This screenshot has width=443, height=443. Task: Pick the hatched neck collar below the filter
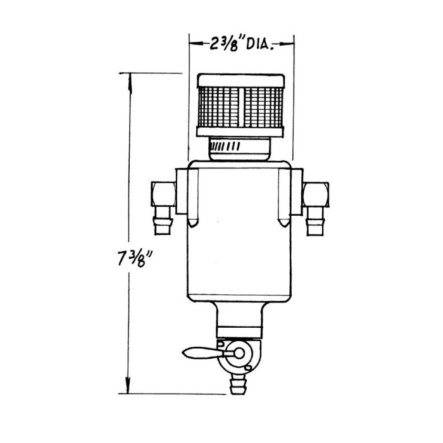[x=240, y=148]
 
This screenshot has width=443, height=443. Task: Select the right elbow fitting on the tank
[x=316, y=191]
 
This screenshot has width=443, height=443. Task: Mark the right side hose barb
[x=314, y=223]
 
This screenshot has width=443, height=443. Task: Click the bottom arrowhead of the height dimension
[x=130, y=389]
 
